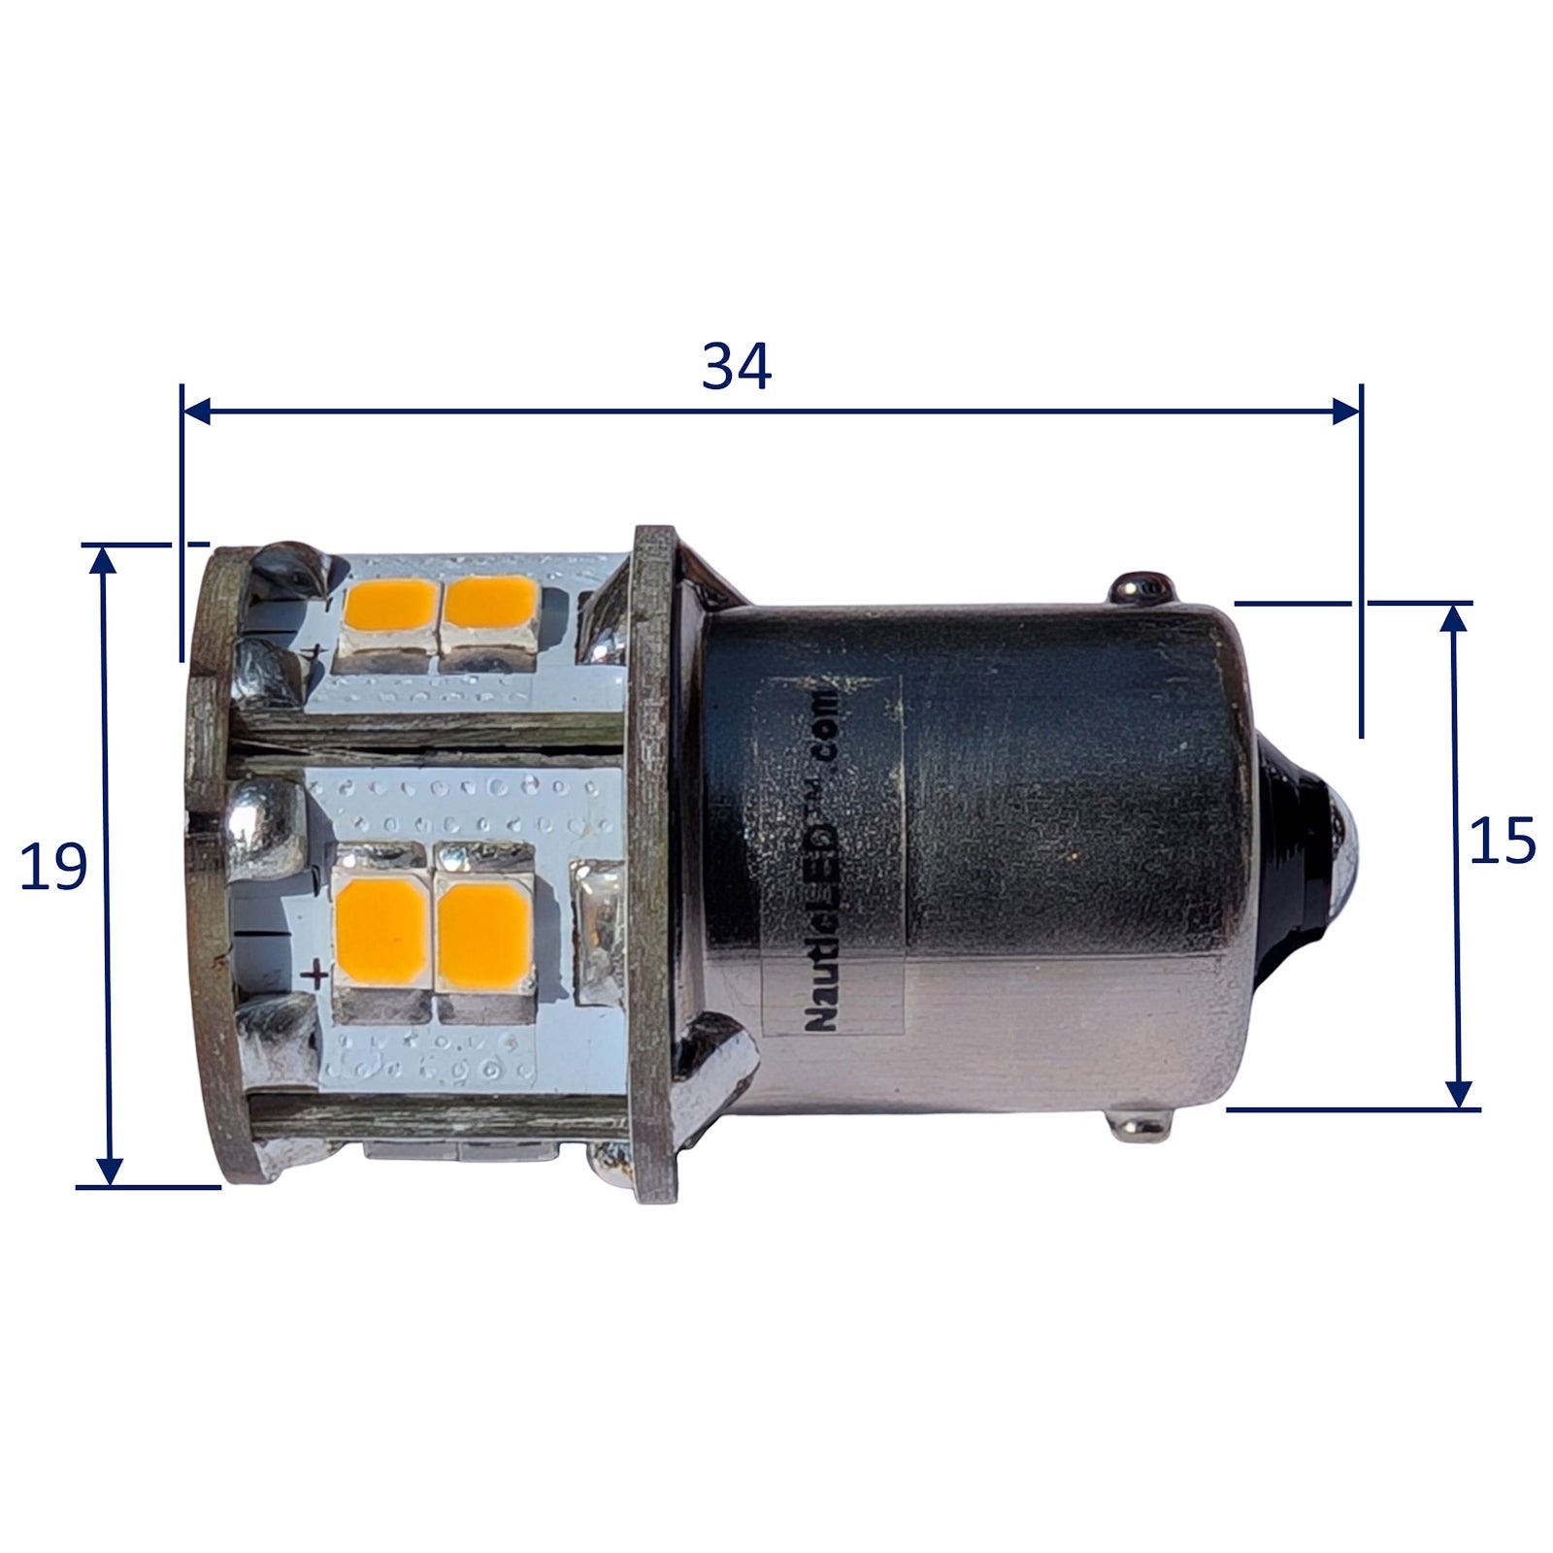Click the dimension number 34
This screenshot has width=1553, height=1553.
pos(737,368)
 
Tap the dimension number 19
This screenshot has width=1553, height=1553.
pos(54,867)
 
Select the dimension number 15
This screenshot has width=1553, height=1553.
pos(1502,841)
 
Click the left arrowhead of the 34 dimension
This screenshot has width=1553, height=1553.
pos(197,411)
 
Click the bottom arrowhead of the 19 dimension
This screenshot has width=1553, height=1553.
pos(111,1172)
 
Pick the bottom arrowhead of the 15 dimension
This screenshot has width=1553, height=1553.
pos(1458,1094)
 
